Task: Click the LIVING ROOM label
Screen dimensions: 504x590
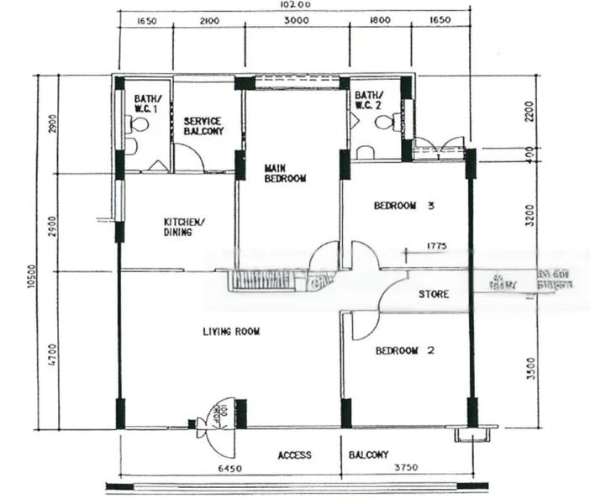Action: [231, 332]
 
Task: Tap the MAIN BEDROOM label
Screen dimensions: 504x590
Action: [285, 173]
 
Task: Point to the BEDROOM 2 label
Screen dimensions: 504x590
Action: [404, 350]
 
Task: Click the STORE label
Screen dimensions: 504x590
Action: [434, 295]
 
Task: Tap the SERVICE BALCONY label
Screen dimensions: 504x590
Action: [203, 127]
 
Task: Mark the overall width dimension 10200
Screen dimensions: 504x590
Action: [294, 5]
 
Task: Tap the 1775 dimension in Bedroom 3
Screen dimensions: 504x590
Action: [437, 246]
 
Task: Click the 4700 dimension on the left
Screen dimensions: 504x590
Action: [52, 349]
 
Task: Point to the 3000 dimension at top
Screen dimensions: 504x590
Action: [293, 21]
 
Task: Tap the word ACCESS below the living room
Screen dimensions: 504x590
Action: [295, 455]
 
